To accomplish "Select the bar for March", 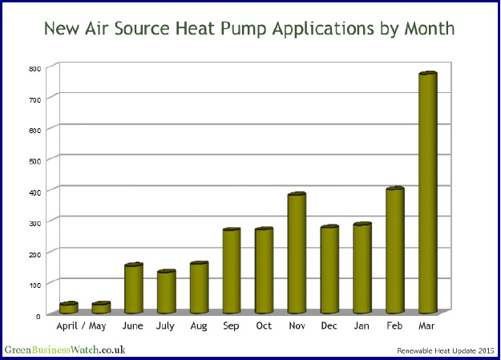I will tap(427, 192).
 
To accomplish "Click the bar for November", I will tap(297, 253).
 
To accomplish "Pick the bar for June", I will tap(133, 288).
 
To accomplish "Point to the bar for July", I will tap(166, 292).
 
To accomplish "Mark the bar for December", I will tap(329, 269).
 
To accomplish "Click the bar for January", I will tap(362, 268).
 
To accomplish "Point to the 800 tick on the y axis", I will tap(34, 68).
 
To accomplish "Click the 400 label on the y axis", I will tap(34, 192).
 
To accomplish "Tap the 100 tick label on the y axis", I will tap(34, 285).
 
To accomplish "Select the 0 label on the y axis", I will tap(38, 315).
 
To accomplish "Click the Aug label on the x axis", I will tap(199, 326).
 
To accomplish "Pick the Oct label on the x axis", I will tap(264, 326).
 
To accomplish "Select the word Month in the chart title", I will tap(426, 29).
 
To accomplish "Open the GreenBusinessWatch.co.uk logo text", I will tap(65, 350).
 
